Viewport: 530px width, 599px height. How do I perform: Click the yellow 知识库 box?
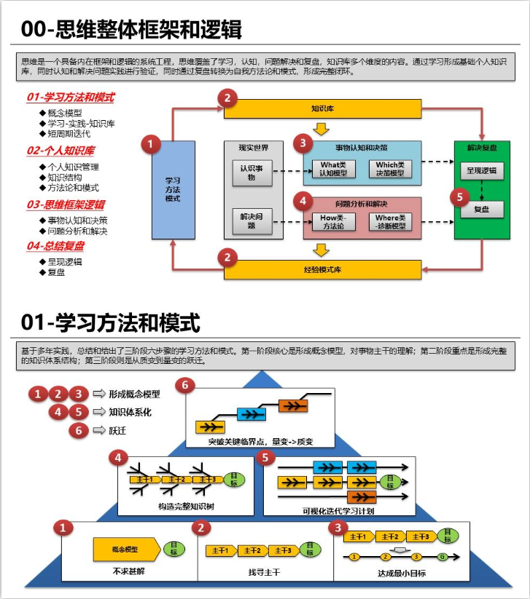322,109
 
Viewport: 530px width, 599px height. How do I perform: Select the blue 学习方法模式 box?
173,189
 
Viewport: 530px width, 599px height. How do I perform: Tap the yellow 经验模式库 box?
322,269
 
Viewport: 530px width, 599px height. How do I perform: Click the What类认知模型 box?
332,169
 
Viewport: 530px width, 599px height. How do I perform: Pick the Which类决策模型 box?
390,169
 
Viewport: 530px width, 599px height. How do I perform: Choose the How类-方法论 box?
332,221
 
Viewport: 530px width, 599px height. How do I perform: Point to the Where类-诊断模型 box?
390,221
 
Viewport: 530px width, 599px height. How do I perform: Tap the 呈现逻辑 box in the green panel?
481,170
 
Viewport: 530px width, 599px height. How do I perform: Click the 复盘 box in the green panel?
481,209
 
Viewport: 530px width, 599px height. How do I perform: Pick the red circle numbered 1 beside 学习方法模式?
151,144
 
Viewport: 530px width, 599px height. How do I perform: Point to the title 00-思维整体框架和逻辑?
131,30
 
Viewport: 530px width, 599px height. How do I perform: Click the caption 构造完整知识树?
186,507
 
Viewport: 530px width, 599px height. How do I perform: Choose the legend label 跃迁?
117,431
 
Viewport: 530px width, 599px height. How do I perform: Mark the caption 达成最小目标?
402,572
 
